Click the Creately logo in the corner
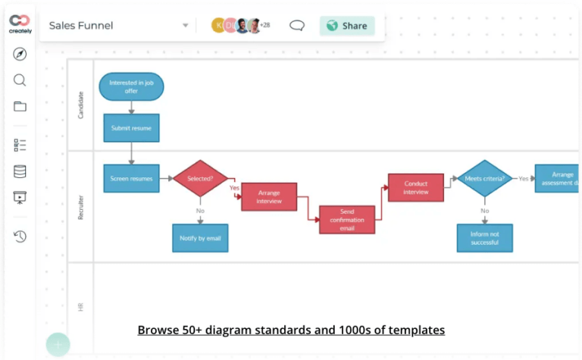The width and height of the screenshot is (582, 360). pyautogui.click(x=20, y=23)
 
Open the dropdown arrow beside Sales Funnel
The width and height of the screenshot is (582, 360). pyautogui.click(x=185, y=26)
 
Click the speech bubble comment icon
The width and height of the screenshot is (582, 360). pyautogui.click(x=297, y=26)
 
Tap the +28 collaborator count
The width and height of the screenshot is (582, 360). pyautogui.click(x=264, y=26)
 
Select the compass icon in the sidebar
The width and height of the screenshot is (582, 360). pyautogui.click(x=20, y=54)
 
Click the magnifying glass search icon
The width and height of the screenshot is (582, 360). pyautogui.click(x=20, y=80)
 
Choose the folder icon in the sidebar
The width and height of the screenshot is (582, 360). pyautogui.click(x=20, y=106)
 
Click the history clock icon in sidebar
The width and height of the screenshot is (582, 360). pyautogui.click(x=20, y=236)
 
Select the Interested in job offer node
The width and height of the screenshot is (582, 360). pyautogui.click(x=131, y=86)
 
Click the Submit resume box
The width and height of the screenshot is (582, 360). pyautogui.click(x=131, y=128)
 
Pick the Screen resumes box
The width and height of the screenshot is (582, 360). pyautogui.click(x=131, y=179)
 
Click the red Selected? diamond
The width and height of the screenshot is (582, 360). pyautogui.click(x=200, y=179)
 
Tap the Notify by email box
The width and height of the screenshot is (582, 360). pyautogui.click(x=200, y=238)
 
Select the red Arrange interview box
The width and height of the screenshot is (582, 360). pyautogui.click(x=269, y=196)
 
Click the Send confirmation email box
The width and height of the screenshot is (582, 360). pyautogui.click(x=347, y=220)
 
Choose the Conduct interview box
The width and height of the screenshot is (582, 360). pyautogui.click(x=416, y=188)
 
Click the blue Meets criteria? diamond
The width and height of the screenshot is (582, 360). pyautogui.click(x=484, y=179)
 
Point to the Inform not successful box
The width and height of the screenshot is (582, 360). pyautogui.click(x=484, y=238)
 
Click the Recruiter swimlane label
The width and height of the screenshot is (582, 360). pyautogui.click(x=81, y=207)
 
